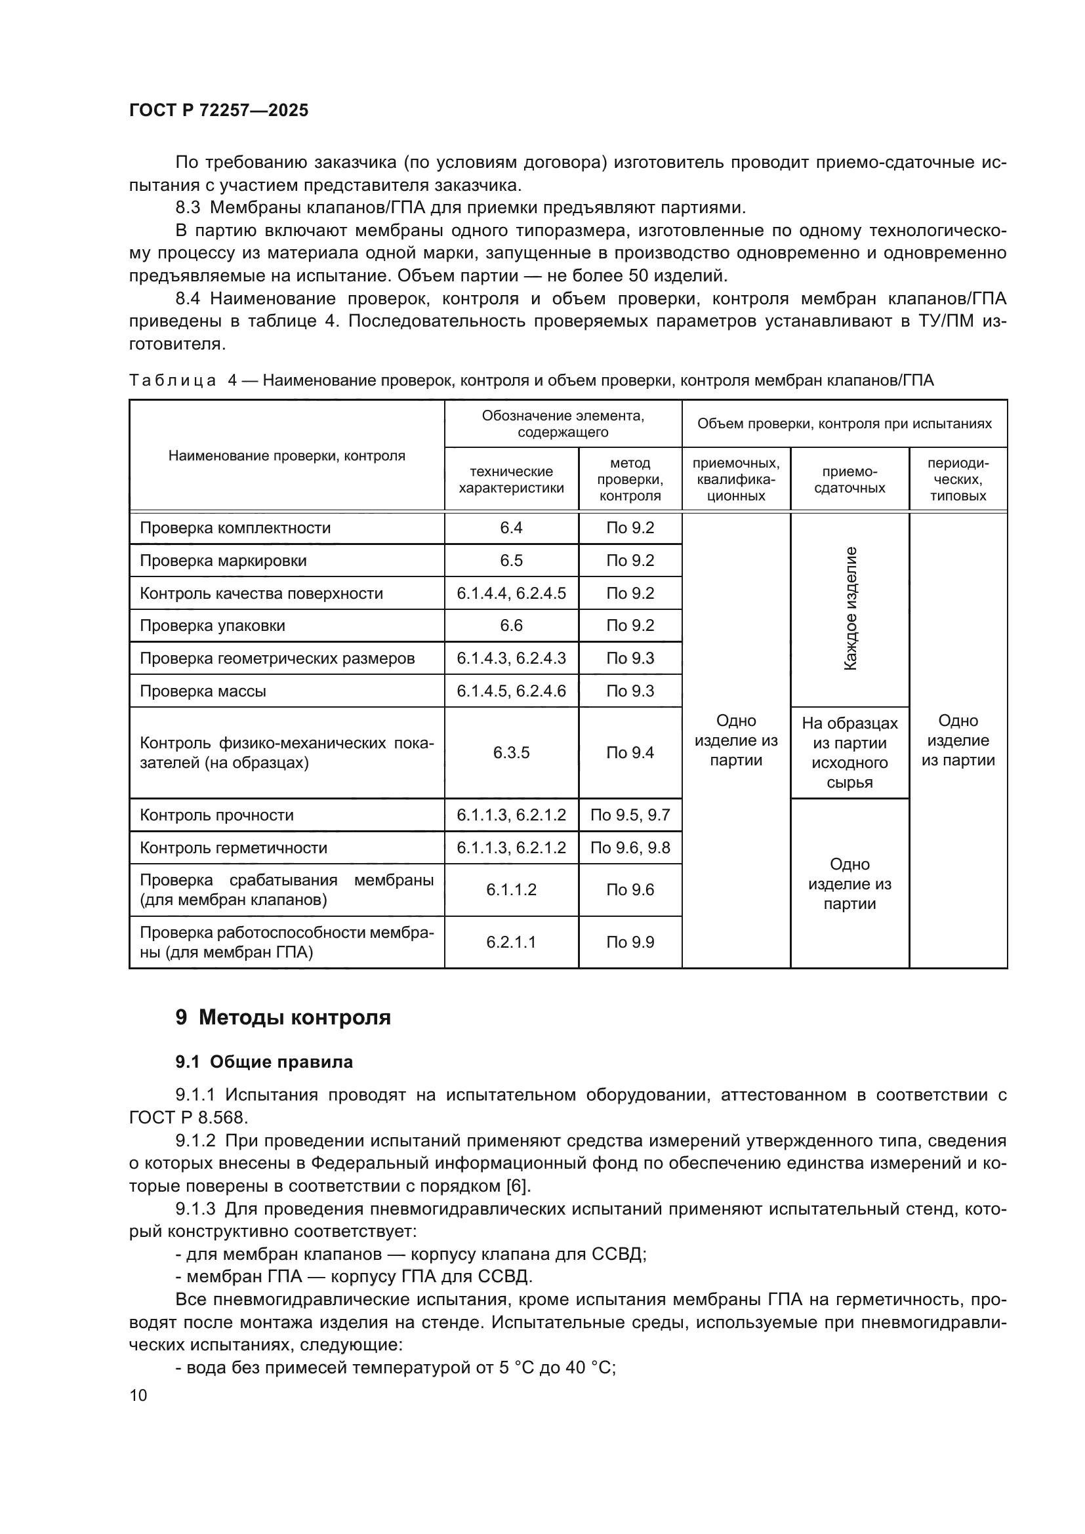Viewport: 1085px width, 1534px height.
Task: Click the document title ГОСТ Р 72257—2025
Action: pyautogui.click(x=218, y=110)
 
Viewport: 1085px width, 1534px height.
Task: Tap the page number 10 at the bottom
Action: pyautogui.click(x=138, y=1395)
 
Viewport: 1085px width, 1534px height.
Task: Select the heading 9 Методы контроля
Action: pyautogui.click(x=283, y=1018)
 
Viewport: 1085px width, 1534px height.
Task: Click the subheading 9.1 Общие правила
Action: pyautogui.click(x=264, y=1062)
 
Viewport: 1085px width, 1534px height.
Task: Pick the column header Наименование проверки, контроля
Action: pyautogui.click(x=287, y=456)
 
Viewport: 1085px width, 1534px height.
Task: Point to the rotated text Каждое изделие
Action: pyautogui.click(x=850, y=609)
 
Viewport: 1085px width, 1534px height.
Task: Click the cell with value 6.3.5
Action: pyautogui.click(x=511, y=753)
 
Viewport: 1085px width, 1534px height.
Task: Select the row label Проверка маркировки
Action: pyautogui.click(x=223, y=561)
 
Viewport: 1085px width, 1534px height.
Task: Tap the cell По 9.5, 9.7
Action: pyautogui.click(x=630, y=815)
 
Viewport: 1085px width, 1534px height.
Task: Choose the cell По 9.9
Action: pyautogui.click(x=630, y=942)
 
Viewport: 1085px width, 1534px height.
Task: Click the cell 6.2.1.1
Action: pyautogui.click(x=511, y=942)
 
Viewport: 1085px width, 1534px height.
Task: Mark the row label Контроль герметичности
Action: pyautogui.click(x=233, y=848)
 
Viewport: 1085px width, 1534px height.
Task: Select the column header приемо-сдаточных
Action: pyautogui.click(x=849, y=479)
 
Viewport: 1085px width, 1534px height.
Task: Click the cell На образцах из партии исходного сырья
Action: pyautogui.click(x=849, y=753)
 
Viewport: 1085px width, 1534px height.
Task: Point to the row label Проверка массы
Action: pyautogui.click(x=203, y=691)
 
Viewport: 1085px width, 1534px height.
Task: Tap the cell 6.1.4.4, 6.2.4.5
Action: pyautogui.click(x=511, y=594)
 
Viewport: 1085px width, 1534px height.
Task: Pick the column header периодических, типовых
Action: pyautogui.click(x=957, y=479)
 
